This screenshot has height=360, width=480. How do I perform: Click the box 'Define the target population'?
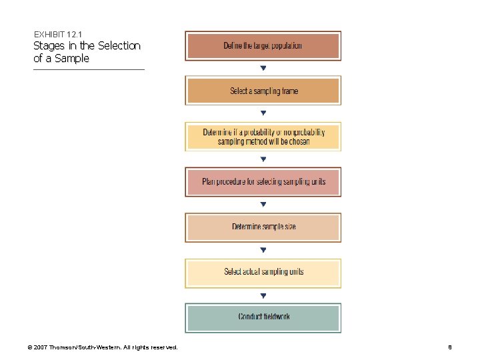tap(263, 46)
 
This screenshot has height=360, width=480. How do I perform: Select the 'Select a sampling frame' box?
tap(263, 91)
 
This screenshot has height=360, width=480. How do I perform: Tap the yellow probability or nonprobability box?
tap(263, 137)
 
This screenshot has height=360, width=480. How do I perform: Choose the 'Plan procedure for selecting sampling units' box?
tap(263, 182)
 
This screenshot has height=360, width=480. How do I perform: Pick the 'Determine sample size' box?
tap(263, 227)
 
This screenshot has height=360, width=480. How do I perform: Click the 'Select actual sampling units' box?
tap(263, 272)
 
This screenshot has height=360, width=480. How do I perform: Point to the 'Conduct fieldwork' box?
tap(263, 317)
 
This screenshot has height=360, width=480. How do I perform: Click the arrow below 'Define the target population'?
tap(263, 68)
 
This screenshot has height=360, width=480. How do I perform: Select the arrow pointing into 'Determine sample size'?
tap(263, 205)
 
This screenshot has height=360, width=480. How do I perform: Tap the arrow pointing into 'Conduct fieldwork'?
tap(263, 295)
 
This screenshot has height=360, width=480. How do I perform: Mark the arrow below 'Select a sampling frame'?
tap(263, 113)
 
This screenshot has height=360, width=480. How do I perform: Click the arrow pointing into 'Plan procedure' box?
tap(263, 159)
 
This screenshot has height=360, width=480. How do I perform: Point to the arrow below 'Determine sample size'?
tap(263, 250)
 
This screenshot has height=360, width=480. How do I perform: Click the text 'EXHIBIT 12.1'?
tap(58, 34)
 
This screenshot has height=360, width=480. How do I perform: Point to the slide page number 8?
tap(450, 347)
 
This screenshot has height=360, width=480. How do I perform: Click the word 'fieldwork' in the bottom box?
tap(275, 317)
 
